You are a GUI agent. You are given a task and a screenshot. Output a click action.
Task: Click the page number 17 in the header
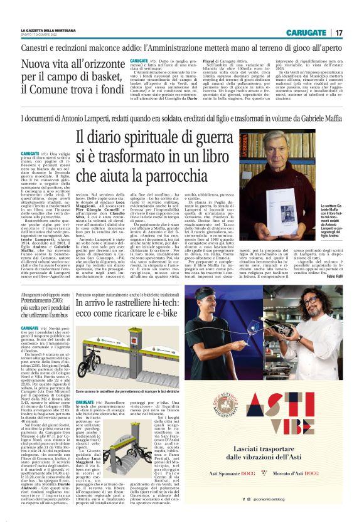pyautogui.click(x=338, y=32)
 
